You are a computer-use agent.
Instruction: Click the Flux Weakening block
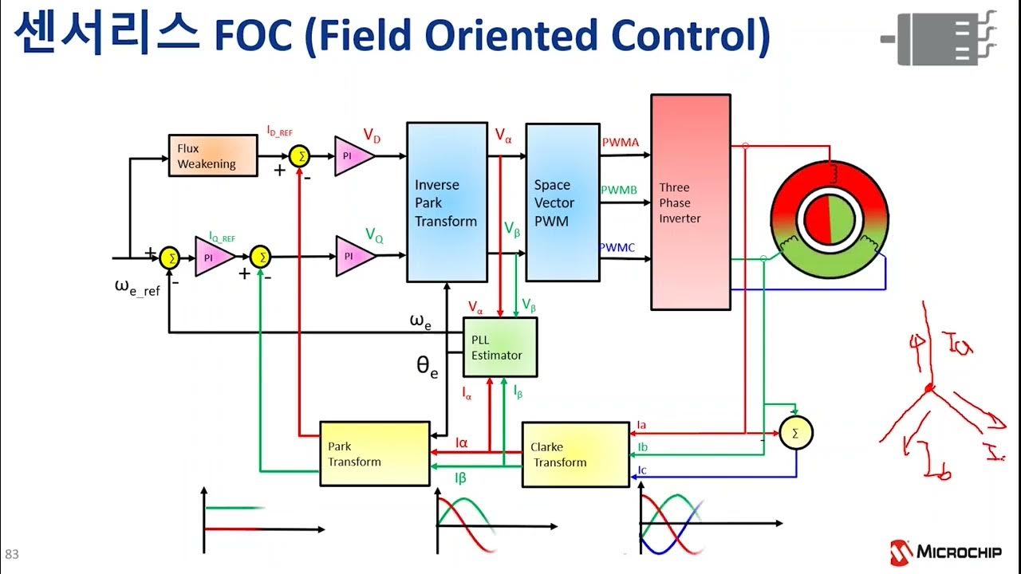tap(213, 155)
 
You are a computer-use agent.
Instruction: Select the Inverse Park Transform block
tap(447, 202)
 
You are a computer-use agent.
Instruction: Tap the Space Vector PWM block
tap(562, 202)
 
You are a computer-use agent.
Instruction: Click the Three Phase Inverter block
tap(690, 202)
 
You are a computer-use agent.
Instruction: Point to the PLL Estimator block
tap(500, 347)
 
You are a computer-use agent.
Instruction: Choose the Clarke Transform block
tap(574, 455)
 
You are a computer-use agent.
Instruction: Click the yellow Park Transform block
tap(374, 454)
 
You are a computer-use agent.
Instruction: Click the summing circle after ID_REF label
tap(301, 156)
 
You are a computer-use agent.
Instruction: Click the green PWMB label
tap(618, 191)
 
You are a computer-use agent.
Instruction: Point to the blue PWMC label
tap(617, 248)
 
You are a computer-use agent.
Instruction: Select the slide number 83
tap(12, 555)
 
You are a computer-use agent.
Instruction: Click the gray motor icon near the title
tap(939, 37)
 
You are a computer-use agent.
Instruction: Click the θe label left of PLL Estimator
tap(428, 366)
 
